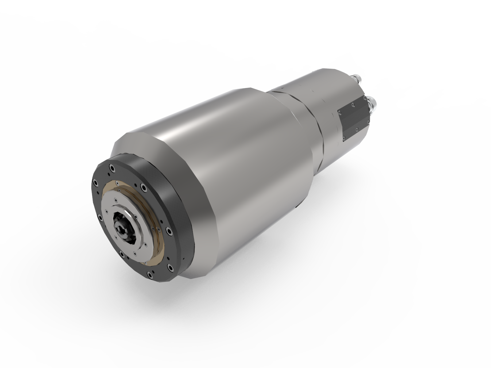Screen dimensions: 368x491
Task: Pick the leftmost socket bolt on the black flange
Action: [95, 183]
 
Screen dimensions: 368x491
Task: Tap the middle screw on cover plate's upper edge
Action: [353, 105]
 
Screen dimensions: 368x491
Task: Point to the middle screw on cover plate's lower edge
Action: [357, 129]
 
